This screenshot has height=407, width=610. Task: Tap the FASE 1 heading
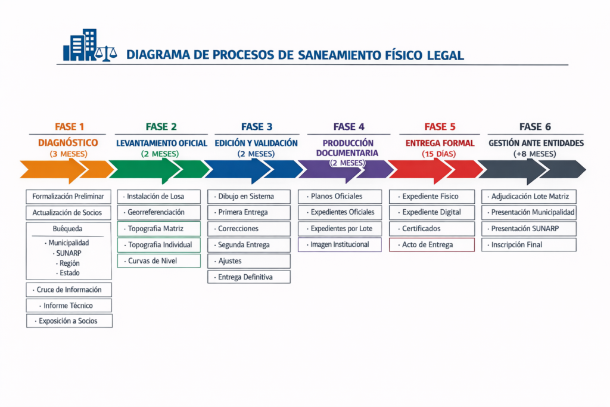click(70, 126)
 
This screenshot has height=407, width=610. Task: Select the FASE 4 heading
click(348, 126)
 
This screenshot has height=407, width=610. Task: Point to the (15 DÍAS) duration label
click(440, 154)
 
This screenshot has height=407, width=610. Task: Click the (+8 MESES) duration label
click(535, 154)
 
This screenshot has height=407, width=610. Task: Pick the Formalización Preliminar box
click(69, 196)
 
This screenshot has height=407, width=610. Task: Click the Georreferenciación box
click(159, 212)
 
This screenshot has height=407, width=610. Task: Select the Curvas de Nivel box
click(159, 260)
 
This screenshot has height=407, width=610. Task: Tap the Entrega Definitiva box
click(249, 276)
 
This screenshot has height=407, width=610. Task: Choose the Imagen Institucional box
click(340, 244)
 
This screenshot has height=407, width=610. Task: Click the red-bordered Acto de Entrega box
click(432, 244)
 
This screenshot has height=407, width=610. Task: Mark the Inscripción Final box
click(529, 244)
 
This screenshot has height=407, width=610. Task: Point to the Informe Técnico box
click(69, 305)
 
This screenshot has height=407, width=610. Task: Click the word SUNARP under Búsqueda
click(69, 253)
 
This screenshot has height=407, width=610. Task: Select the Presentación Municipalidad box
click(529, 212)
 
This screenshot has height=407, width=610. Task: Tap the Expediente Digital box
click(432, 212)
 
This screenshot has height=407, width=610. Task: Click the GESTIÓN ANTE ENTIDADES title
click(536, 143)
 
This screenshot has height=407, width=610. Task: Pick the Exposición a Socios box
click(69, 321)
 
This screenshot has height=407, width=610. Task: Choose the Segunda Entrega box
click(249, 244)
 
